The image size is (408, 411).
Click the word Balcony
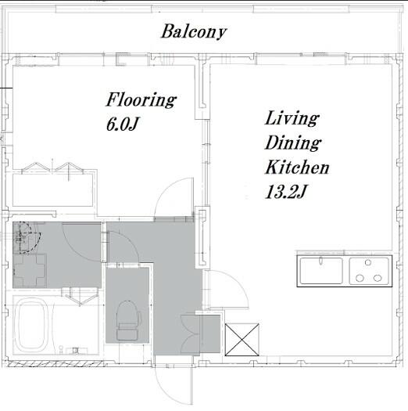[x=193, y=31]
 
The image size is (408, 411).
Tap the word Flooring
[x=141, y=99]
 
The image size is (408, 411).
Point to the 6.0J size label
[x=122, y=124]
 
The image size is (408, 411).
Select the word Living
[x=292, y=118]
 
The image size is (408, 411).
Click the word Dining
[x=293, y=143]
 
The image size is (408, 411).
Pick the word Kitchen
[x=297, y=168]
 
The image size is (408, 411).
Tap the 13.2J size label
[x=285, y=192]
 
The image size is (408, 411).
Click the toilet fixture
[x=128, y=320]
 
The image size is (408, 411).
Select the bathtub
[x=30, y=326]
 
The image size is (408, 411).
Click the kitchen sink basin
[x=321, y=271]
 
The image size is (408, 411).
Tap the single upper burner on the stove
[x=368, y=262]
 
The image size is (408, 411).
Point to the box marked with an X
[x=242, y=340]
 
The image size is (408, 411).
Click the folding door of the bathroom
[x=81, y=297]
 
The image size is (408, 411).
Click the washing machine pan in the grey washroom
[x=30, y=271]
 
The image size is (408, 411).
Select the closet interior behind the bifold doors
[x=52, y=190]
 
